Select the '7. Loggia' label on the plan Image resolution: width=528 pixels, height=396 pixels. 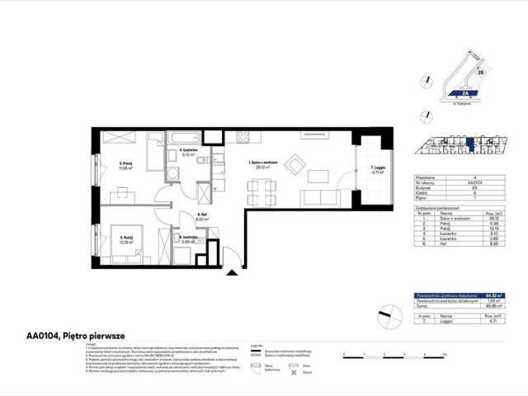[378, 171]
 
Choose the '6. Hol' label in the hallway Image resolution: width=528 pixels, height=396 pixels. [202, 218]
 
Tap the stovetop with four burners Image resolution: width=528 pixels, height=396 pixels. [244, 137]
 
